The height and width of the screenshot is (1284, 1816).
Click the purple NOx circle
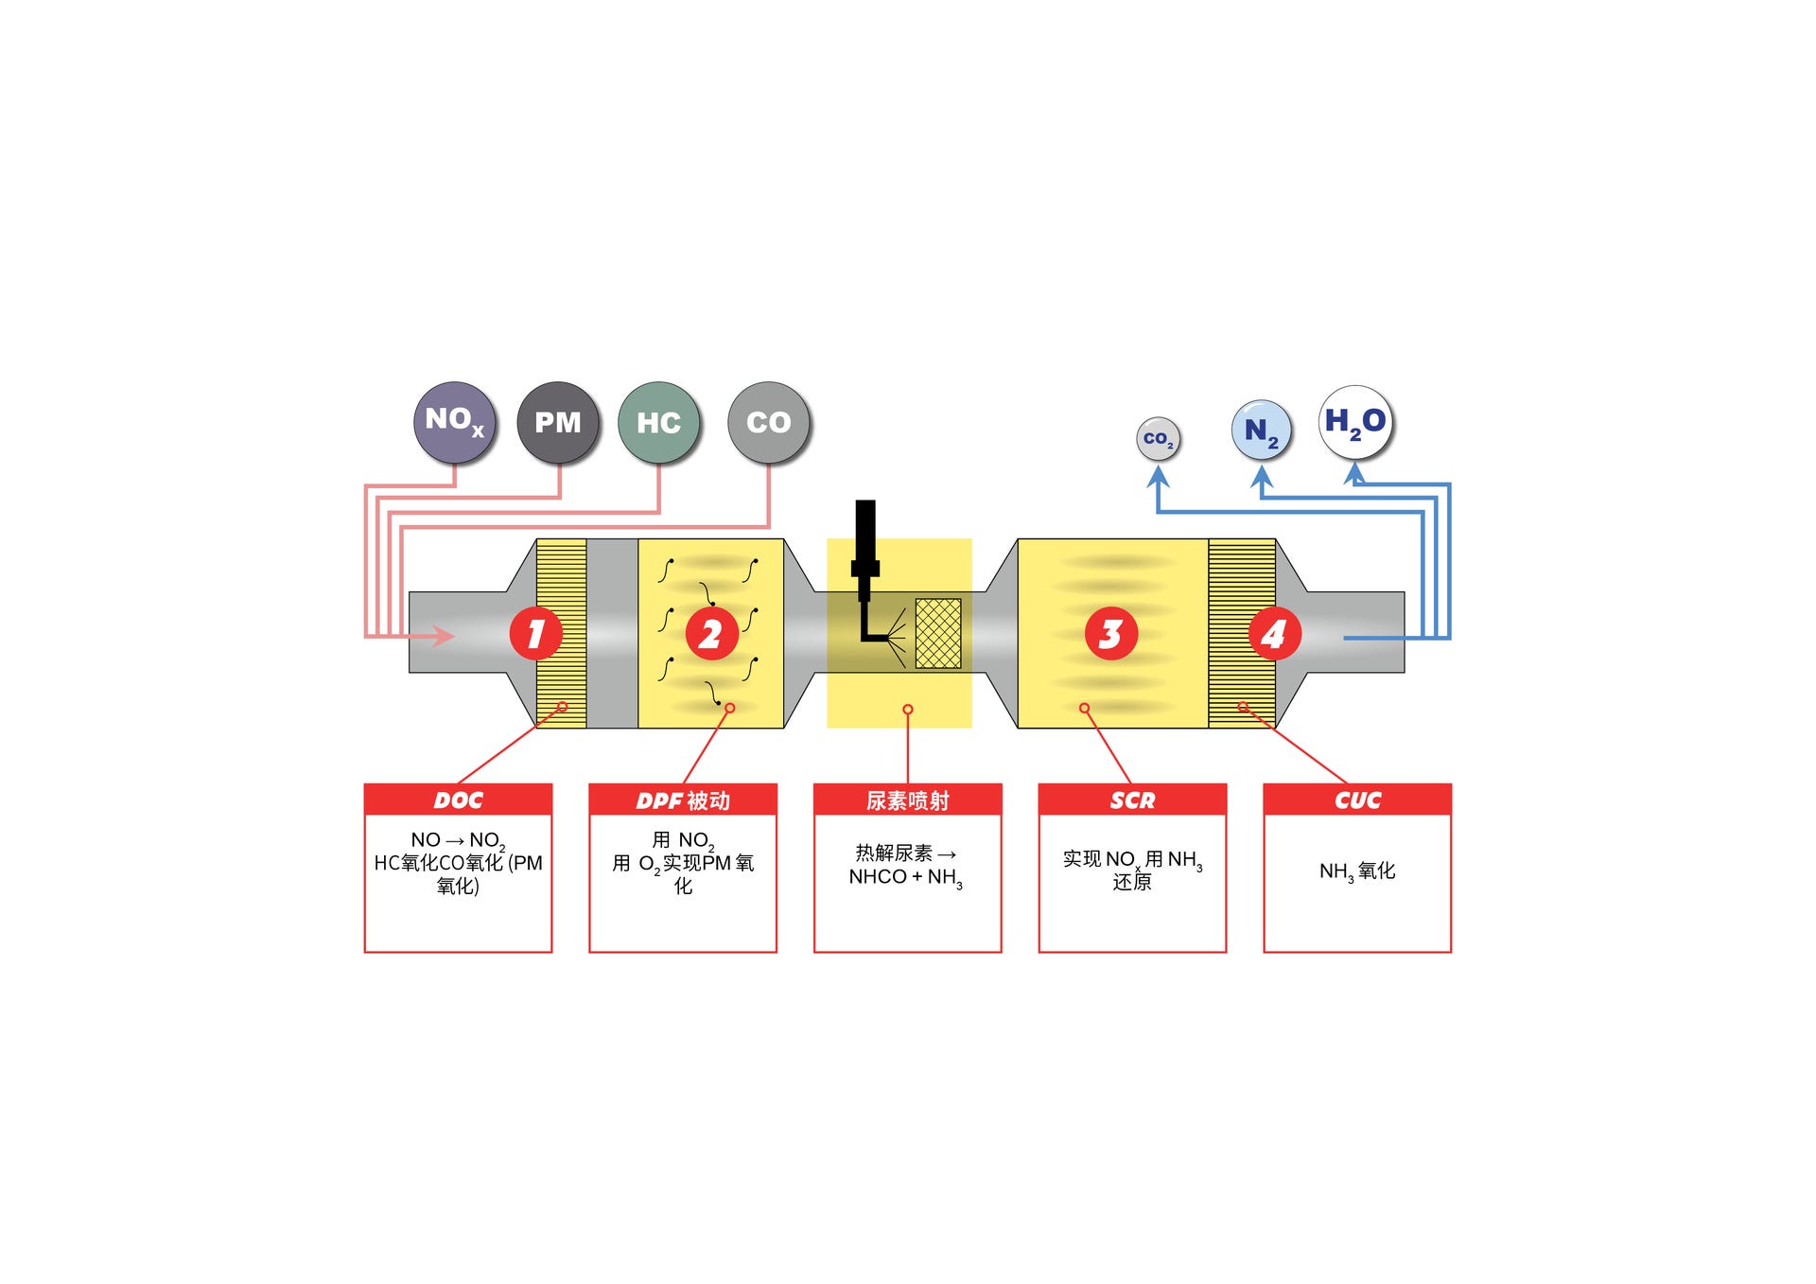(x=455, y=422)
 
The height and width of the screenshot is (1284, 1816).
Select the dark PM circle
(x=558, y=422)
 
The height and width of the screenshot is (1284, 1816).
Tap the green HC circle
(x=658, y=422)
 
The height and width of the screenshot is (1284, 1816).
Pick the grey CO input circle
(x=769, y=422)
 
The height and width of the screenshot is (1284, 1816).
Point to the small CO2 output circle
(x=1158, y=439)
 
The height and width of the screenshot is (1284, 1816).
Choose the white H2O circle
(x=1355, y=422)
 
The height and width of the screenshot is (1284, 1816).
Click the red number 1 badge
(x=535, y=633)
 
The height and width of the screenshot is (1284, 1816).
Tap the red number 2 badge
(x=711, y=633)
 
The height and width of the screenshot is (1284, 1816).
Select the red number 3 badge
(x=1110, y=633)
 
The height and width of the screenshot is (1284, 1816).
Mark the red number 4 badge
(x=1274, y=633)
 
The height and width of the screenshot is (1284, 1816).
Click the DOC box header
(x=458, y=800)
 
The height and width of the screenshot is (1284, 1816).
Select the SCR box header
(x=1132, y=800)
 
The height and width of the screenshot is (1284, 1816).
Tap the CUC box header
(x=1357, y=800)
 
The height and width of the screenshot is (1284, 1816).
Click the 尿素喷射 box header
(x=907, y=800)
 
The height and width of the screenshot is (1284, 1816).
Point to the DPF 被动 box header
(x=683, y=800)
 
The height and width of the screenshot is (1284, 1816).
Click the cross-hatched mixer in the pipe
(x=938, y=633)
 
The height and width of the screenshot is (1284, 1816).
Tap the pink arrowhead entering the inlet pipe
(x=443, y=635)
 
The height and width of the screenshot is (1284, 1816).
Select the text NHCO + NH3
(x=905, y=878)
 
